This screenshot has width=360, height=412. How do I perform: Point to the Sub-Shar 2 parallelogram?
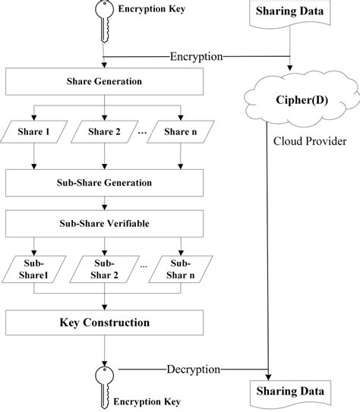[x=103, y=270]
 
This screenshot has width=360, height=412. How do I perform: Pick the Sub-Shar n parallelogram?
[x=180, y=270]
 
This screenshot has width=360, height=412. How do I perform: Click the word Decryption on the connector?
[x=193, y=370]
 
